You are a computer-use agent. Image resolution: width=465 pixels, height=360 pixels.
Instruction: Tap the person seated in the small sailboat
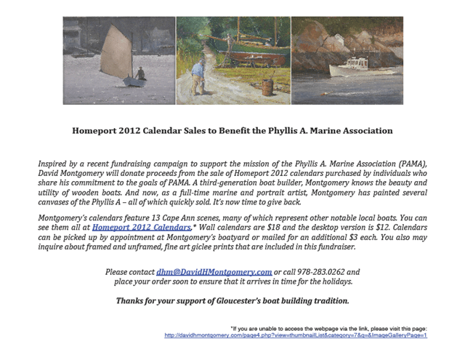(140, 73)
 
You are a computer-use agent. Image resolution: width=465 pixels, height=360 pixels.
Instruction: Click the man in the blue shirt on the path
(200, 76)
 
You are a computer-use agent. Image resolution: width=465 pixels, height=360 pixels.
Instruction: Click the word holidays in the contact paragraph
(331, 281)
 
